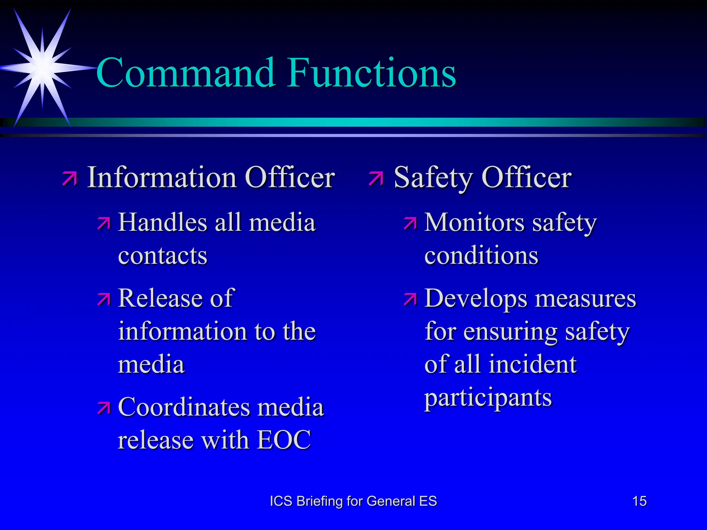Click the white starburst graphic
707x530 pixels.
[x=42, y=68]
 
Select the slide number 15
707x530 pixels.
[x=639, y=501]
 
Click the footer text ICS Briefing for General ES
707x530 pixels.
[x=353, y=501]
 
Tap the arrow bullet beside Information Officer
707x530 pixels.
[x=70, y=178]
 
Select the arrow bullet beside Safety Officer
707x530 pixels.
[x=376, y=178]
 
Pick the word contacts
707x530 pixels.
[x=163, y=256]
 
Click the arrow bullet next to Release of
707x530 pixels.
[x=104, y=299]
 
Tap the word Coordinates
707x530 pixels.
[x=183, y=407]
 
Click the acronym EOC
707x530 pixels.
[x=284, y=440]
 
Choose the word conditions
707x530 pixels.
[x=481, y=256]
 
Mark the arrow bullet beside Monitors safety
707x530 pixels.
[x=410, y=224]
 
